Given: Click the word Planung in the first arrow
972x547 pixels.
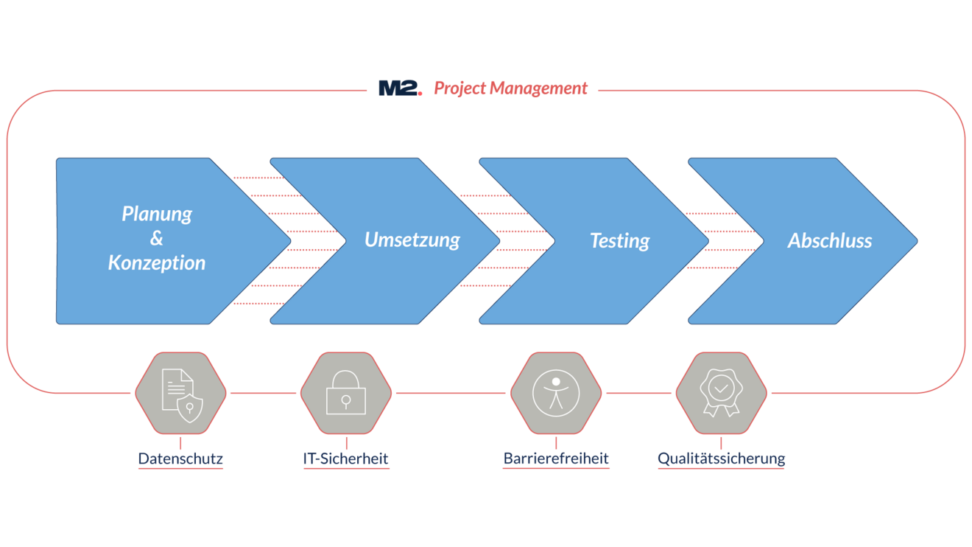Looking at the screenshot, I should (157, 215).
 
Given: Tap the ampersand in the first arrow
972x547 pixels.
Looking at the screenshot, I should (156, 239).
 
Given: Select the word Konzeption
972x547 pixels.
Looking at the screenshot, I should (157, 262).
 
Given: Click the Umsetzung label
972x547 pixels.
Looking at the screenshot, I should (412, 240).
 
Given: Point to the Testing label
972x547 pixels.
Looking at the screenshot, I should (619, 241).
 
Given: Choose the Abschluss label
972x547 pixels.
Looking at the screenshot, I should (829, 241).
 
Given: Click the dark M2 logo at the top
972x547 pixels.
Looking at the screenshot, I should (400, 88).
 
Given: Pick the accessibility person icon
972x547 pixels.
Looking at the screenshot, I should (556, 394).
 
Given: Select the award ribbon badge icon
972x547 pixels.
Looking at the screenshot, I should (721, 394).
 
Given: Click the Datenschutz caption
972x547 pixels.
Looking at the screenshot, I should (180, 459).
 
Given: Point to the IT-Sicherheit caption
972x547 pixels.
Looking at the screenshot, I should (345, 459).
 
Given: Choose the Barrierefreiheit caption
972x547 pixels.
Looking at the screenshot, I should (556, 459).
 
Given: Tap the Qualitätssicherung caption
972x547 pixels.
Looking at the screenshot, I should (721, 459).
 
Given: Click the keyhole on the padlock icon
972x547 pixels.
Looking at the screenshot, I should (345, 400).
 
